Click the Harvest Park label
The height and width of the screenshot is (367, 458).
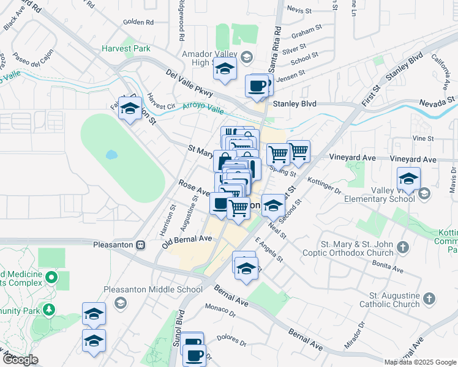click(126, 48)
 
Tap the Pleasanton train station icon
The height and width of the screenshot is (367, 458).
click(141, 245)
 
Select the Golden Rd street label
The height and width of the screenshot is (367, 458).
click(138, 22)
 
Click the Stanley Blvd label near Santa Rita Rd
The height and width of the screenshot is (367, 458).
click(295, 104)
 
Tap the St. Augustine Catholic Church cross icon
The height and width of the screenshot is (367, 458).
click(429, 298)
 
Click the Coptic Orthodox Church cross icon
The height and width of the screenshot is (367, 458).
click(402, 247)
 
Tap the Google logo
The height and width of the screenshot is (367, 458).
click(21, 360)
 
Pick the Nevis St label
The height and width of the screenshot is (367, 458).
click(299, 11)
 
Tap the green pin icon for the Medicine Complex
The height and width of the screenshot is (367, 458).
click(51, 279)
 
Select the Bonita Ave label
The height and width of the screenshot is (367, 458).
click(389, 267)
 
